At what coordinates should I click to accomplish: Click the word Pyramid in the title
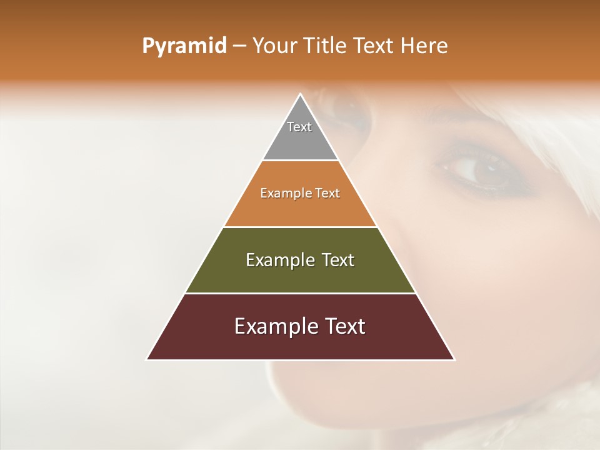pos(184,46)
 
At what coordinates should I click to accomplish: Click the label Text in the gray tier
pos(299,127)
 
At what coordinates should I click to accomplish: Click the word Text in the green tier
pos(335,260)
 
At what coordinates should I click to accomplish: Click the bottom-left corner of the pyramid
pos(147,359)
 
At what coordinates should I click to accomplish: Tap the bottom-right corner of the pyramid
pos(454,359)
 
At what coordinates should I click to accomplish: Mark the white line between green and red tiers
pos(301,293)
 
